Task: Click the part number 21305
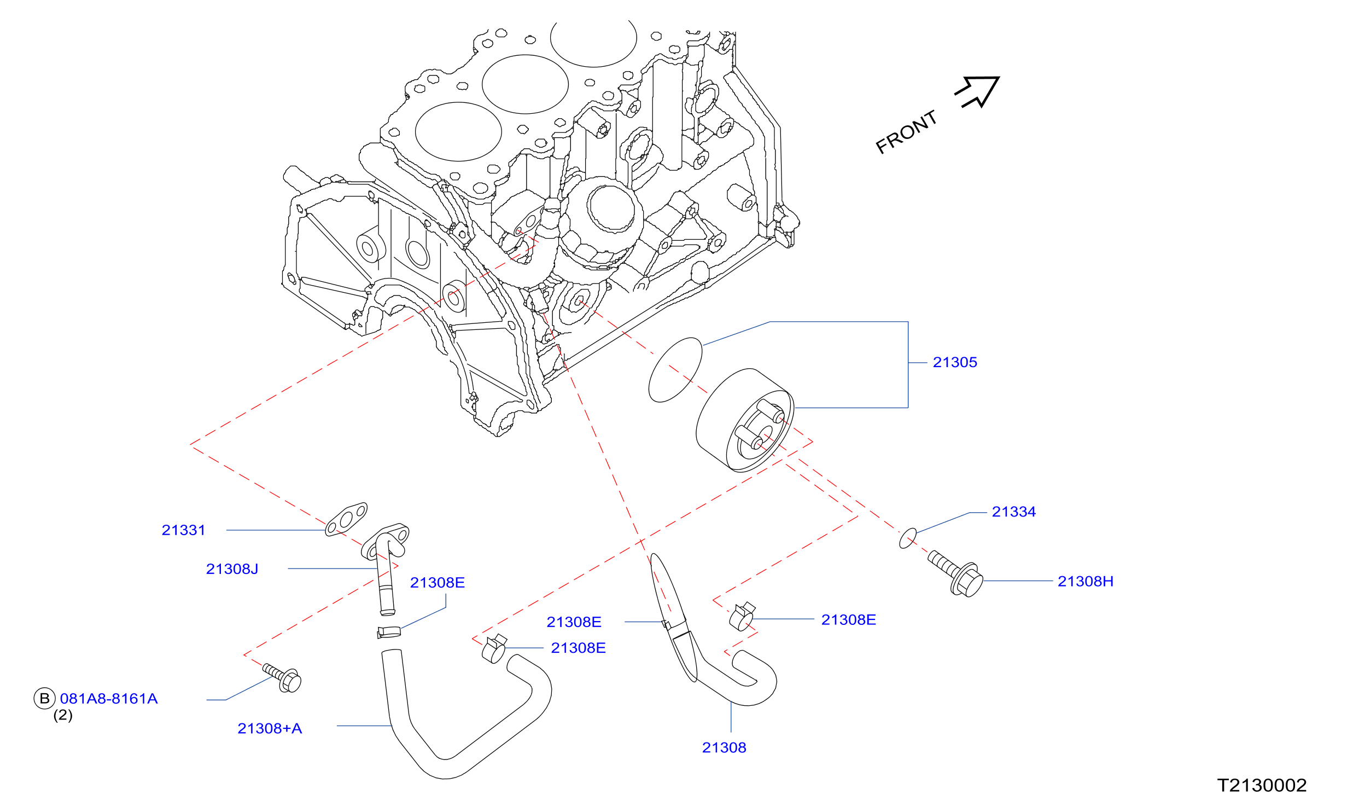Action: [954, 362]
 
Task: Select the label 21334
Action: [1013, 512]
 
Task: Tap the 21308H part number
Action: [1085, 581]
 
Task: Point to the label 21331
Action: [183, 530]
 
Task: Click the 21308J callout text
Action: [232, 569]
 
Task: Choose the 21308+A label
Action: [270, 728]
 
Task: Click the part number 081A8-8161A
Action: [109, 699]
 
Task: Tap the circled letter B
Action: [45, 698]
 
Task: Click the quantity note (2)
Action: [63, 715]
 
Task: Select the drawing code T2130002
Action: [1262, 785]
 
